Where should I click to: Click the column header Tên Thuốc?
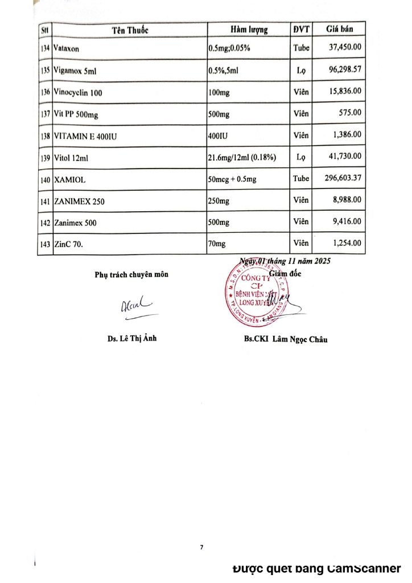pos(130,30)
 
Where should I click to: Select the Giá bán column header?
pos(340,29)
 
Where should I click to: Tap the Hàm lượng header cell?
pos(249,30)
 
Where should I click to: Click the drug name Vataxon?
pos(67,49)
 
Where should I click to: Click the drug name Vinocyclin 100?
pos(78,92)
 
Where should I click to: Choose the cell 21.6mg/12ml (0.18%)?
pos(242,158)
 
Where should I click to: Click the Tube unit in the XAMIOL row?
pos(301,179)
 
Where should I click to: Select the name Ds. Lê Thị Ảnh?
pos(131,339)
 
